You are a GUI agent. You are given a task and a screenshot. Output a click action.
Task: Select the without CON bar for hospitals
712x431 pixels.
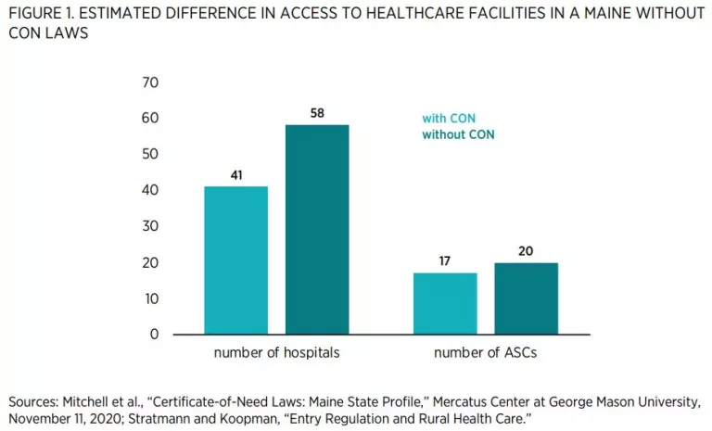[317, 229]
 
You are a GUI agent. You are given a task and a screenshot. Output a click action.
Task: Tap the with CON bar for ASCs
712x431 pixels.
[445, 303]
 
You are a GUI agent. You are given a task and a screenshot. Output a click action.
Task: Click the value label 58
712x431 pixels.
[317, 113]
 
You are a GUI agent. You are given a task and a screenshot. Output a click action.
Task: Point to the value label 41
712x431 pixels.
[235, 174]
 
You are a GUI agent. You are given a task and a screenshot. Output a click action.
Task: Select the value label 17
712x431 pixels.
[445, 260]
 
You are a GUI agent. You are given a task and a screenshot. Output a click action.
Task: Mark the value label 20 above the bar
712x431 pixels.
[526, 250]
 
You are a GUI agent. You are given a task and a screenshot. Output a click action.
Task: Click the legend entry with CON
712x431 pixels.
[449, 119]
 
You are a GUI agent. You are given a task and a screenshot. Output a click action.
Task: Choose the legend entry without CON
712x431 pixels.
[458, 135]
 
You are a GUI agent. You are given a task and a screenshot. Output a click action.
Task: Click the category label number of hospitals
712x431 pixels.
[276, 353]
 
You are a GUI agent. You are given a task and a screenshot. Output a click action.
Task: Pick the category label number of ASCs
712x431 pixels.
[486, 353]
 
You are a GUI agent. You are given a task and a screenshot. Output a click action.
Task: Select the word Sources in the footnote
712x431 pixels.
[32, 401]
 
